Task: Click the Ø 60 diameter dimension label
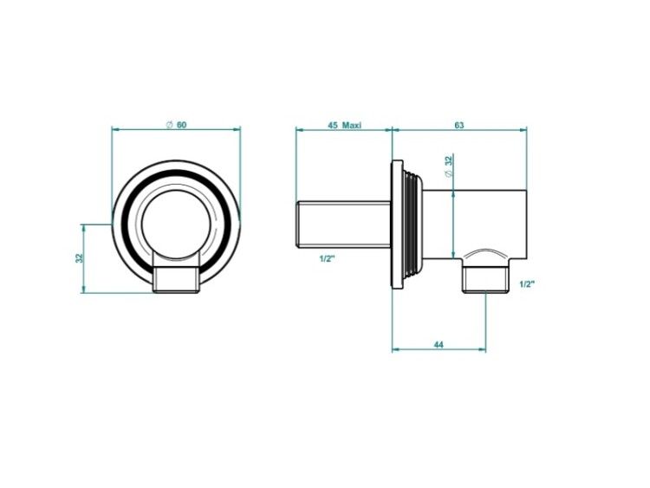click(176, 125)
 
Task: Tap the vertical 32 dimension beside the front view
click(79, 258)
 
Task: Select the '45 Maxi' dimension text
click(344, 125)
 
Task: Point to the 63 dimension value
click(458, 125)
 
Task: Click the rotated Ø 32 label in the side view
click(449, 166)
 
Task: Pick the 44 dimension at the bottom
click(439, 344)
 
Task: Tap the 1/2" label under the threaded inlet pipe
click(327, 259)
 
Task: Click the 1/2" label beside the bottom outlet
click(527, 284)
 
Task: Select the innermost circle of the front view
click(176, 191)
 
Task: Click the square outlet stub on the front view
click(176, 279)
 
